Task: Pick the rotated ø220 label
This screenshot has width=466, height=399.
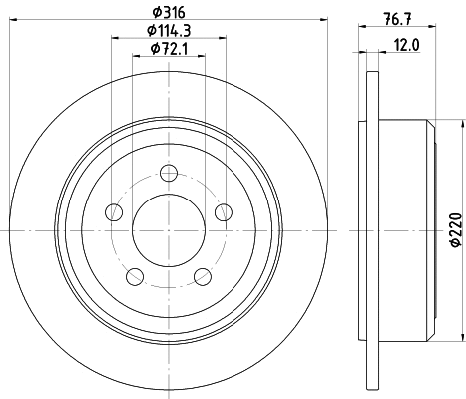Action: click(x=454, y=230)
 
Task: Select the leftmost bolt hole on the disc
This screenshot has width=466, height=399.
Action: click(x=115, y=211)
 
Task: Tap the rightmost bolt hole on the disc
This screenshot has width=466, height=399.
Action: click(x=225, y=211)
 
